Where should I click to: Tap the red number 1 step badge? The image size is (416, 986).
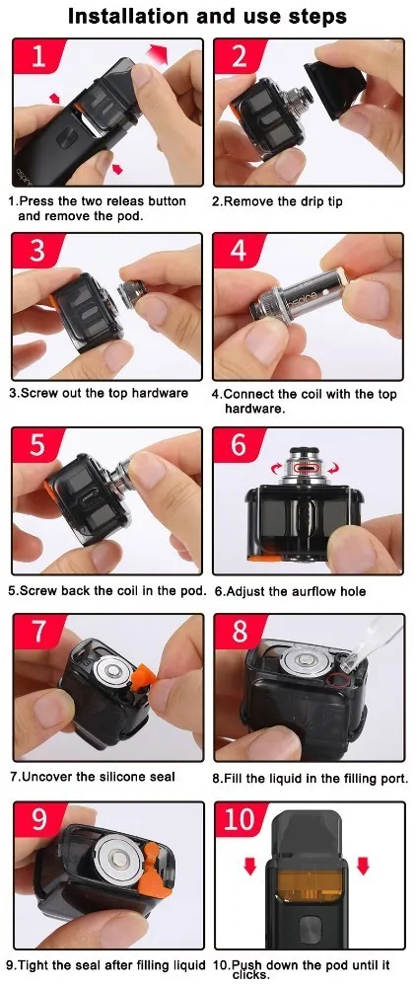(37, 56)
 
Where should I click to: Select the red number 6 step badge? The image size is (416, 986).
(240, 444)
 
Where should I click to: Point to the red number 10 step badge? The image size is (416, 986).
(240, 819)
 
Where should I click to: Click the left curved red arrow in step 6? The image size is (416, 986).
(275, 468)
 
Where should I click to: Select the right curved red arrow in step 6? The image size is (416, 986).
(334, 468)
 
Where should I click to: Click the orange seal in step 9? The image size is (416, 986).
(155, 868)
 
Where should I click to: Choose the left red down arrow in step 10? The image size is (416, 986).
(250, 866)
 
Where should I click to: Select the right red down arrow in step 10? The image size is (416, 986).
(363, 866)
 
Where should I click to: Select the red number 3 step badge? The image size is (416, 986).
(37, 251)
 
